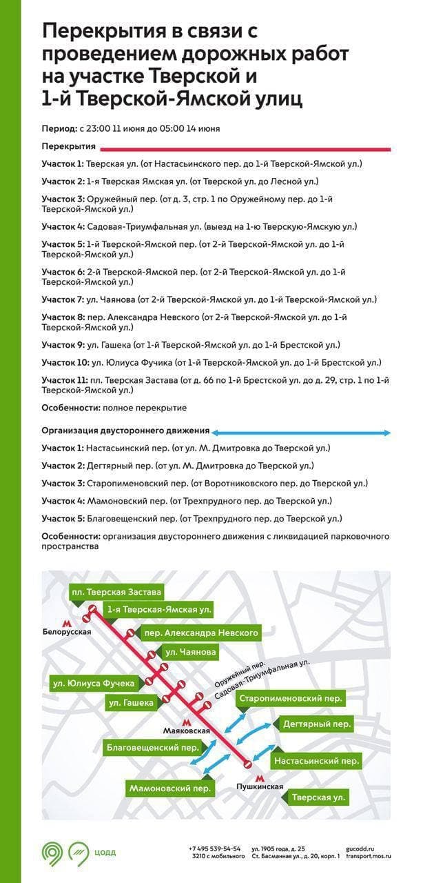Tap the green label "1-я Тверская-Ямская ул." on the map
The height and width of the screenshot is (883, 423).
coord(158,610)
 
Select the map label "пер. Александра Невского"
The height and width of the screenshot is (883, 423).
coord(200,633)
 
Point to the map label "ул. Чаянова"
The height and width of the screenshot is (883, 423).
coord(190,652)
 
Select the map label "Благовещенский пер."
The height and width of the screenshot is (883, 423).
coord(152,747)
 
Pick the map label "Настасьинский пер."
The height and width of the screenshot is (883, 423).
coord(316,761)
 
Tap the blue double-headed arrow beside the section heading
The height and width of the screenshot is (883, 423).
coord(301,433)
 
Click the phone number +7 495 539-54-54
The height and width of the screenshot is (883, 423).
coord(214,849)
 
